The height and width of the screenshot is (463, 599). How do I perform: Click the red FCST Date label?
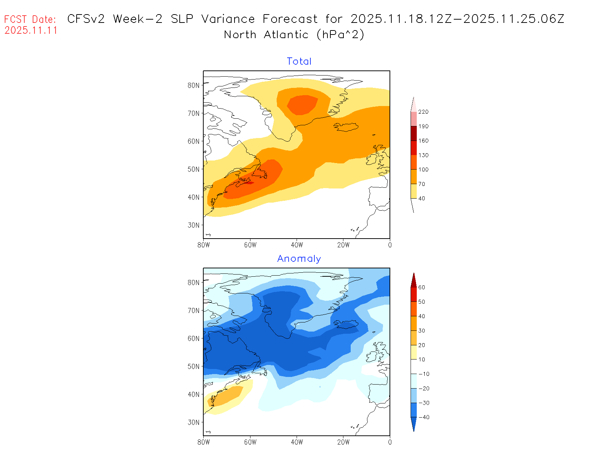[x=30, y=19]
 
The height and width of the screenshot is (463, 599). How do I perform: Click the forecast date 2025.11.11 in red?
[x=31, y=31]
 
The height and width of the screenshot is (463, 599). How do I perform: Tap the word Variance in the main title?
[x=228, y=19]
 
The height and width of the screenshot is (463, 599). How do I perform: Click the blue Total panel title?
[x=299, y=61]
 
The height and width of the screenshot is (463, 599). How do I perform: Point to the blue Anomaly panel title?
[x=299, y=259]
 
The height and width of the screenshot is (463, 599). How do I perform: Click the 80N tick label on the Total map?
[x=193, y=85]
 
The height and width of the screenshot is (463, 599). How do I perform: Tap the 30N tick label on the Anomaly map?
[x=193, y=422]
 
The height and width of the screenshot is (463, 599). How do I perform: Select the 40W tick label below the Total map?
[x=297, y=245]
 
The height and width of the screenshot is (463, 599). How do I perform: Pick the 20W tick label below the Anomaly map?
[x=343, y=442]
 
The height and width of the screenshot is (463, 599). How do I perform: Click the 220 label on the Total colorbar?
[x=423, y=112]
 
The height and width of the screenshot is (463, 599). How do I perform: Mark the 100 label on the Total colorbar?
[x=423, y=170]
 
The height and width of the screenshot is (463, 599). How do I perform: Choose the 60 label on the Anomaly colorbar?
[x=421, y=287]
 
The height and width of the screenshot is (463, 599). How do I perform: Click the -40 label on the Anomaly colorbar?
[x=424, y=417]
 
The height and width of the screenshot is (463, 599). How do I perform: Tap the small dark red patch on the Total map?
[x=249, y=182]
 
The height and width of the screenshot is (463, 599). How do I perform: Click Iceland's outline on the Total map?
[x=346, y=127]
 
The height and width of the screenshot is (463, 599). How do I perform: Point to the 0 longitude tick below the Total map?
[x=390, y=245]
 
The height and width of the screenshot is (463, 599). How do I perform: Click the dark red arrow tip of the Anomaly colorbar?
[x=413, y=280]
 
